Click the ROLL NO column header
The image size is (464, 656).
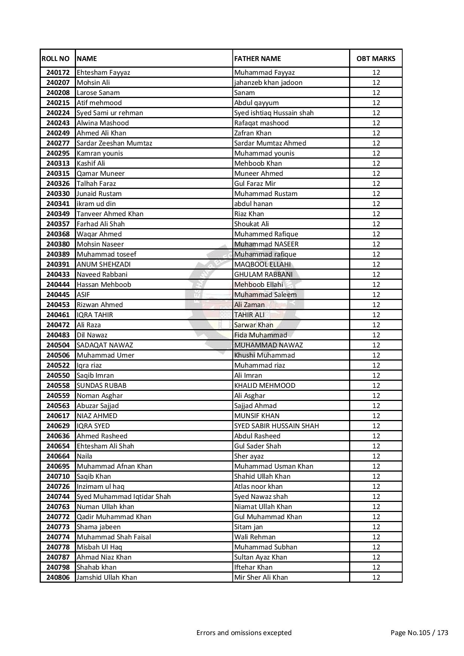point(56,59)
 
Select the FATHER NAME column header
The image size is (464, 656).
point(257,59)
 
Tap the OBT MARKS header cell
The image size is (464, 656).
point(376,59)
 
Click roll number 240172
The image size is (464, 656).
point(58,73)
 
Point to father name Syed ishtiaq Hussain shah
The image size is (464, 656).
point(274,113)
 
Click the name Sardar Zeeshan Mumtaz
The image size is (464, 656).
point(114,143)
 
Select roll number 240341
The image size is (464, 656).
point(58,204)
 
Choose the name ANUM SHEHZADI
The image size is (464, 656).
point(104,264)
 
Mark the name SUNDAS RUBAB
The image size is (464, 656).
point(101,386)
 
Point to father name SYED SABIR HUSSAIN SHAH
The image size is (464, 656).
point(277,426)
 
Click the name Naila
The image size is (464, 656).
point(84,456)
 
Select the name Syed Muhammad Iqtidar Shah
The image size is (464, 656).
point(123,497)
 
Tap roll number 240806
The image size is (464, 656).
point(58,577)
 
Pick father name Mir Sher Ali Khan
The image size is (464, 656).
point(261,577)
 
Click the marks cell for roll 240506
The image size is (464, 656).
point(376,355)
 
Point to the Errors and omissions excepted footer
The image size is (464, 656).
point(244,633)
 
